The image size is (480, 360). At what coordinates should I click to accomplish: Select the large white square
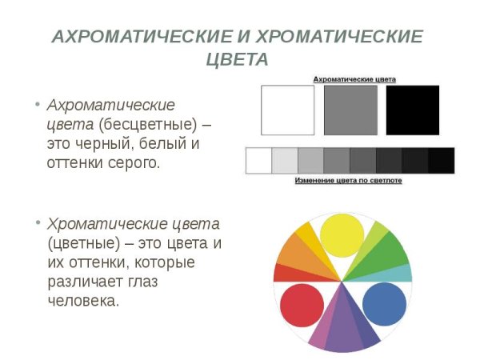tap(288, 110)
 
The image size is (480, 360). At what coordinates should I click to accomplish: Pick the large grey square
tap(350, 110)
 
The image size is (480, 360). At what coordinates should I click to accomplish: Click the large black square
tap(413, 110)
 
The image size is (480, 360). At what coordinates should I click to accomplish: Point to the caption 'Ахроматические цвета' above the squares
tap(354, 79)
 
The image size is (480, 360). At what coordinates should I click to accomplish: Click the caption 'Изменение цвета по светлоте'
tap(348, 181)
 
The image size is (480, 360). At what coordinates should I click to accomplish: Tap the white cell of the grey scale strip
tap(258, 161)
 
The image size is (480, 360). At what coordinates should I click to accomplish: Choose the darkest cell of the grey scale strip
tap(442, 161)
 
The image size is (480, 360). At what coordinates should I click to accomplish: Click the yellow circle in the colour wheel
tap(342, 234)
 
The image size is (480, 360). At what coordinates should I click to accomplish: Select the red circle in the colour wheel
tap(302, 305)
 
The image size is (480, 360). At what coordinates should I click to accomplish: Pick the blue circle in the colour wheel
tap(385, 305)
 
